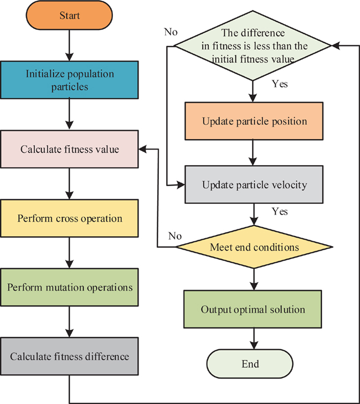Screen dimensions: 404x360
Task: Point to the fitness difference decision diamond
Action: pos(253,46)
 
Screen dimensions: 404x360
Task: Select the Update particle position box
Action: pos(255,121)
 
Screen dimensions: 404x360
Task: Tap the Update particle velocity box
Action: pos(255,184)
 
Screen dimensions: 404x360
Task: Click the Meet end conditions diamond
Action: pos(255,247)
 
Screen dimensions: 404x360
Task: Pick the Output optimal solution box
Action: pos(253,310)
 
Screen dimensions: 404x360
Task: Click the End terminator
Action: pos(250,363)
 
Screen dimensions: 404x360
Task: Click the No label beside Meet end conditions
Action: pos(175,236)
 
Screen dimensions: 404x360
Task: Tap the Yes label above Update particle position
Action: pos(280,84)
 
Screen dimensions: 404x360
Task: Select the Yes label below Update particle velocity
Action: pos(280,211)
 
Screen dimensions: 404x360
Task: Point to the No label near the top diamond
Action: pos(170,32)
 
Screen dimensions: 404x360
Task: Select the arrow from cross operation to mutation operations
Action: pos(70,253)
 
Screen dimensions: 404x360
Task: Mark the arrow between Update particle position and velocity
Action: pos(255,153)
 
